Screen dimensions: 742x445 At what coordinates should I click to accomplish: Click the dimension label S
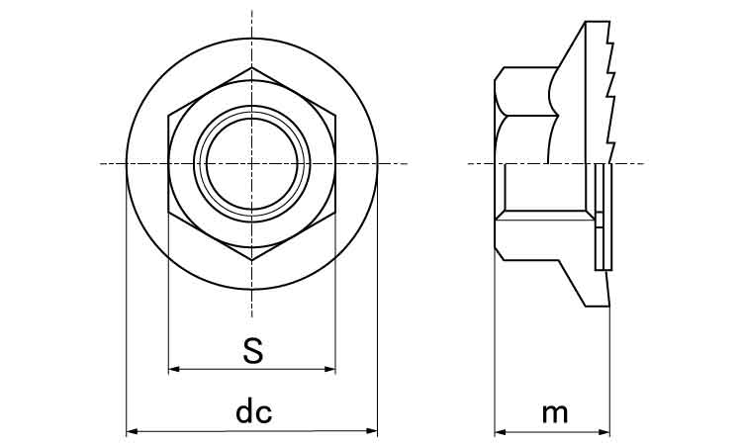pos(252,351)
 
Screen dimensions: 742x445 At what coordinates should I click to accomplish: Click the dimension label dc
pos(253,412)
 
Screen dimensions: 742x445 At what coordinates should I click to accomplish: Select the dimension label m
pos(555,414)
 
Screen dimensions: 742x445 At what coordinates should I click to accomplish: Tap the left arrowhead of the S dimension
pos(174,369)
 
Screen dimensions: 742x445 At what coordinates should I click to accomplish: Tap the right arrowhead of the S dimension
pos(330,369)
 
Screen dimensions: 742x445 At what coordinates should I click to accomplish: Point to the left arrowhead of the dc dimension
pos(132,431)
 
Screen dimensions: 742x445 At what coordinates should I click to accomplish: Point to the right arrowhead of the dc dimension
pos(372,431)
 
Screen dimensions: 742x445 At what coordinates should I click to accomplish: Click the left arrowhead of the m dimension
pos(500,432)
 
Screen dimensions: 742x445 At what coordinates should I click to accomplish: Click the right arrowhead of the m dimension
pos(604,432)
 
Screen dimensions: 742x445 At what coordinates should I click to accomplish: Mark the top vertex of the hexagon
pos(251,68)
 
